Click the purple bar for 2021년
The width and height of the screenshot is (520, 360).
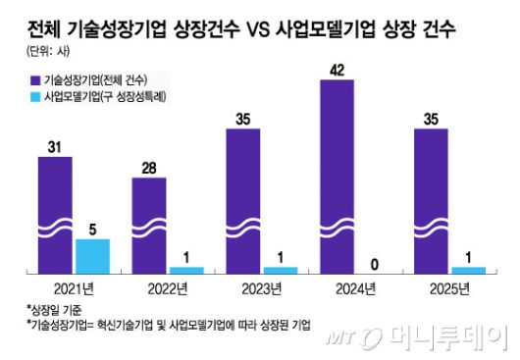[55, 213]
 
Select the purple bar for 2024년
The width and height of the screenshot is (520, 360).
[338, 176]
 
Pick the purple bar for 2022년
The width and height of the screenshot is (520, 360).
[149, 224]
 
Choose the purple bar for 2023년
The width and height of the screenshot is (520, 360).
[243, 200]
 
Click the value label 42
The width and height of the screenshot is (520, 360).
[338, 69]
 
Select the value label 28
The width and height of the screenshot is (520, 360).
[149, 167]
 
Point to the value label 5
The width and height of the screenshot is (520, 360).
[92, 228]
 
